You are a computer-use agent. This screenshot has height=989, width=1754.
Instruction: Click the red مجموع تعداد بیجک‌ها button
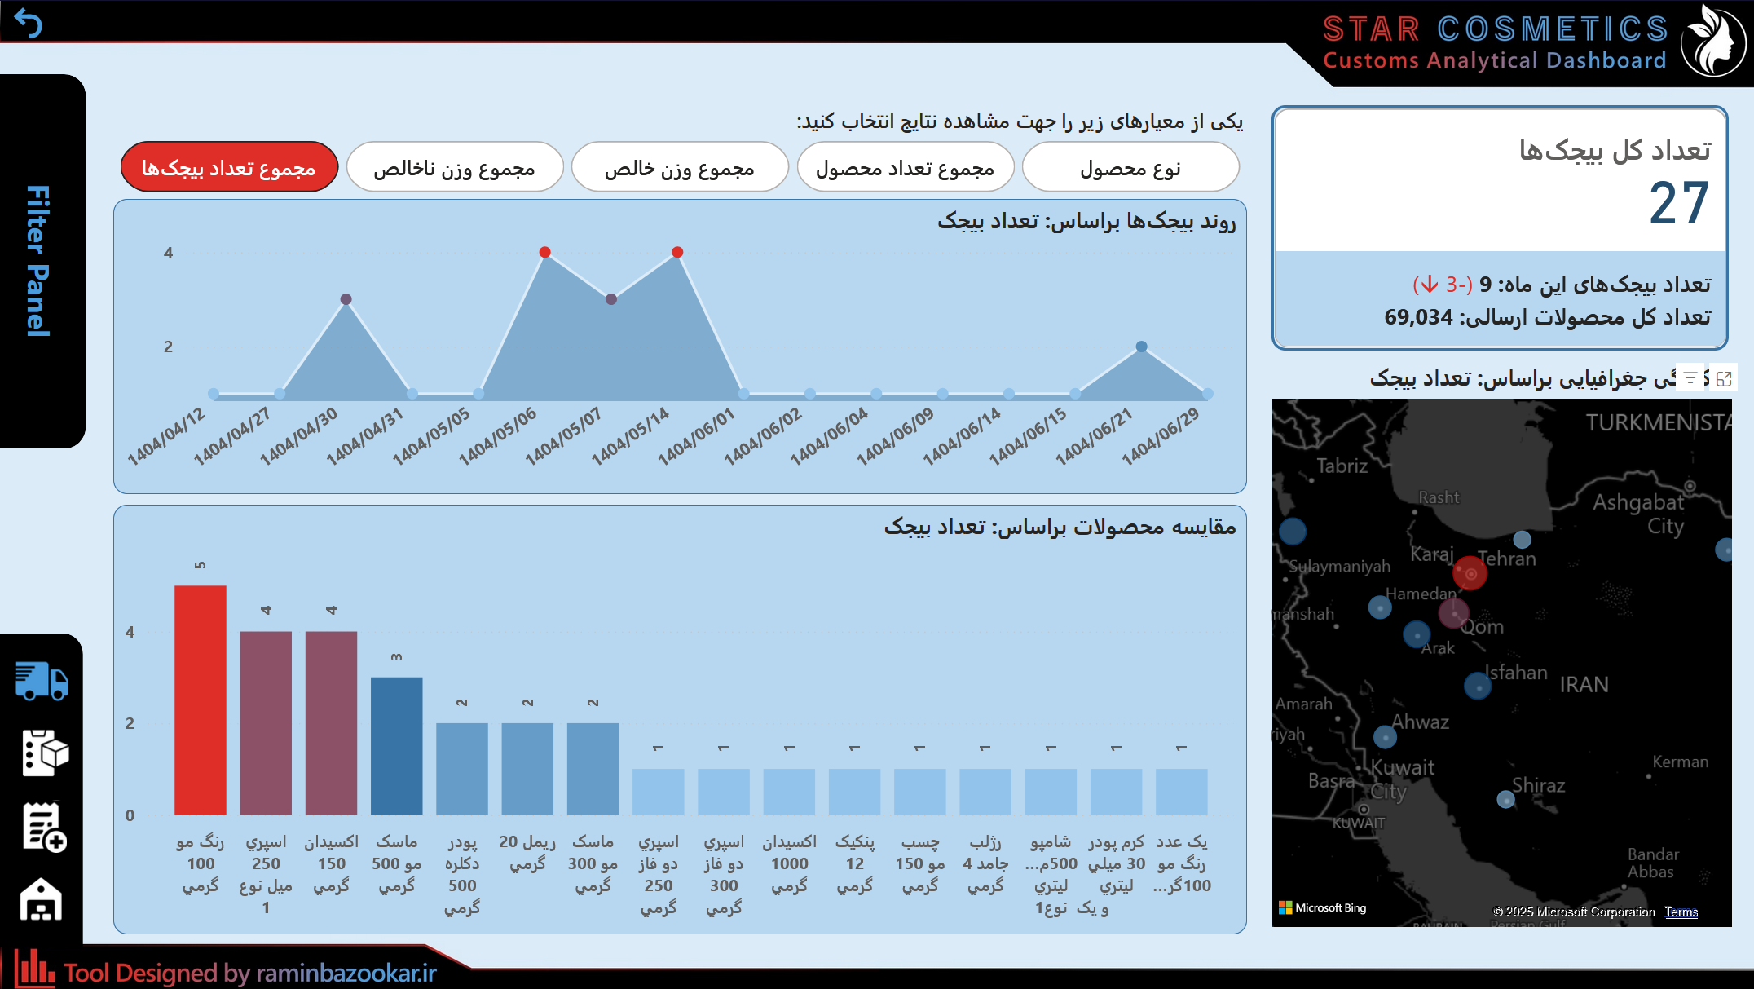tap(229, 168)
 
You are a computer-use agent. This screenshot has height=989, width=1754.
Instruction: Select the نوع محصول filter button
tap(1130, 168)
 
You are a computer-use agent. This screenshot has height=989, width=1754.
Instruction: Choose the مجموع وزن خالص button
tap(680, 168)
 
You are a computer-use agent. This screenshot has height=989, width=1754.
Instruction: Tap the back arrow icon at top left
tap(28, 24)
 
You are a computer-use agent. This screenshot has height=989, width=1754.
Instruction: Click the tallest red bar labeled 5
tap(201, 700)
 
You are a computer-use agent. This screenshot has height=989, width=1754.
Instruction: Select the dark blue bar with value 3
tap(397, 745)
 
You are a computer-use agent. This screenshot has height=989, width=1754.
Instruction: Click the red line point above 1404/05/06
tap(545, 252)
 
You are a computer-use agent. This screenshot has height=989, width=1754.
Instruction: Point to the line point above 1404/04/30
tap(346, 299)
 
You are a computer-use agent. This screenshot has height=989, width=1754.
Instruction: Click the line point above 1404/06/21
tap(1142, 347)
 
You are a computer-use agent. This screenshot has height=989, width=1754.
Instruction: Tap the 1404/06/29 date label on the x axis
tap(1161, 437)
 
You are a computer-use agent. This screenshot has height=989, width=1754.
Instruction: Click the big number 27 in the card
tap(1678, 204)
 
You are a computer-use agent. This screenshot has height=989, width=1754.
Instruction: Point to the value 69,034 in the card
tap(1419, 317)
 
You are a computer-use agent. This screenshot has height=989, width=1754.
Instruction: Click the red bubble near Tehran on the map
tap(1470, 573)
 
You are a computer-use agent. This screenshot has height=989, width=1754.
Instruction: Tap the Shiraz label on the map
tap(1539, 785)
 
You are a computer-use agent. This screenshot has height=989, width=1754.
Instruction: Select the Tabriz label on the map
tap(1342, 466)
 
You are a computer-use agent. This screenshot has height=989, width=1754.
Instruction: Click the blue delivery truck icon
tap(42, 681)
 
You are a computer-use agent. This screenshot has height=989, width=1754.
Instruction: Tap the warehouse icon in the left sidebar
tap(42, 900)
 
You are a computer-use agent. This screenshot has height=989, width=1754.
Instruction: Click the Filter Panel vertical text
tap(38, 261)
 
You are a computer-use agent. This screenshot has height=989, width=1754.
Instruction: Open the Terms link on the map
tap(1681, 912)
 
